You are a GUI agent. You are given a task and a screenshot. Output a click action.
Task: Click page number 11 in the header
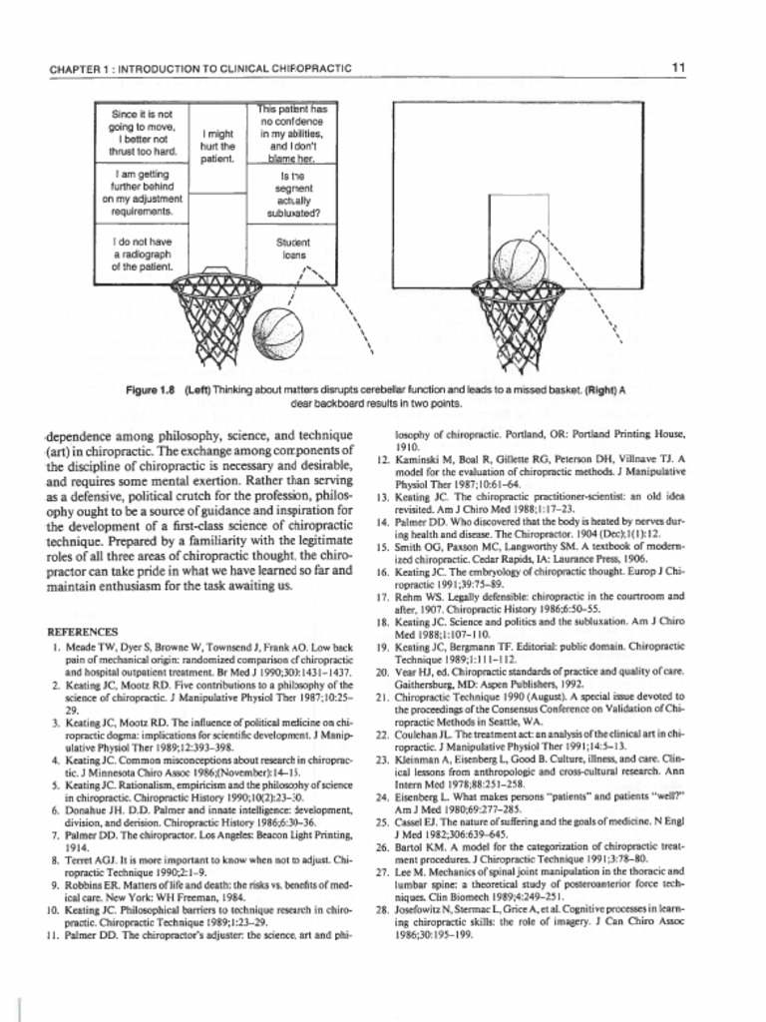click(679, 68)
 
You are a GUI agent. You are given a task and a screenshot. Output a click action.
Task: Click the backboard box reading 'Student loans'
click(294, 249)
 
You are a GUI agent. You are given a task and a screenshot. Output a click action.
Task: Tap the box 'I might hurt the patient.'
click(217, 146)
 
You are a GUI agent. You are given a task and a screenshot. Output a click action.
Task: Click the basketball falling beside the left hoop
click(278, 330)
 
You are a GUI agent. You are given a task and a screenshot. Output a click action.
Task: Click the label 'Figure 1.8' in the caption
click(153, 390)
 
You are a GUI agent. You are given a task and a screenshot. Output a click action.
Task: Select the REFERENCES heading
click(83, 632)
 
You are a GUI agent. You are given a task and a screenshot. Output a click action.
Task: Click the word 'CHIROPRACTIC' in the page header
click(310, 69)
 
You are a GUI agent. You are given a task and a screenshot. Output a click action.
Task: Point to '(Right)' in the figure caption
click(600, 390)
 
